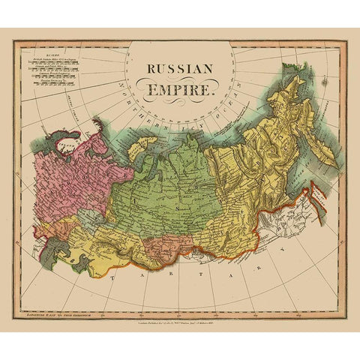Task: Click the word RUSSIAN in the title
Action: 180,68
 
